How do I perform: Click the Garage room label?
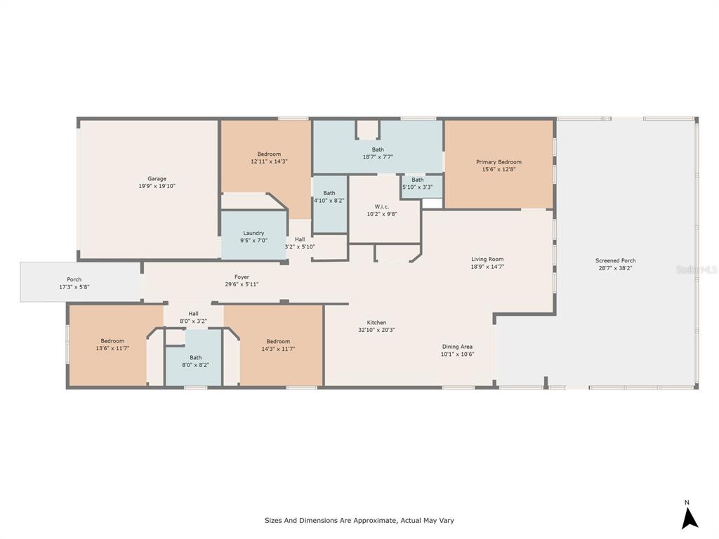point(157,179)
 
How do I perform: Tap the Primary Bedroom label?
point(499,162)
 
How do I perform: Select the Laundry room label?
point(253,233)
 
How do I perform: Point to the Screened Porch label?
point(615,260)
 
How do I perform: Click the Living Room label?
point(487,259)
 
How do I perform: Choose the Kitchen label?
point(376,322)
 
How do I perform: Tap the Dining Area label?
point(457,347)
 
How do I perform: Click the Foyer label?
point(242,277)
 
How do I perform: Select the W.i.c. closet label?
point(381,207)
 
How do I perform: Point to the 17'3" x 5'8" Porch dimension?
point(74,287)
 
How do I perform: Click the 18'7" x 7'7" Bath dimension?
point(378,157)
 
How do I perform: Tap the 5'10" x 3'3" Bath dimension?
point(417,187)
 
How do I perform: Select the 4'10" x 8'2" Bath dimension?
point(329,200)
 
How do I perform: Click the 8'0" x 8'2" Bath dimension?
point(195,365)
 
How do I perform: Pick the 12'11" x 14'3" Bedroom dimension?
point(269,161)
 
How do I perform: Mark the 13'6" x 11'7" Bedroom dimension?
point(112,348)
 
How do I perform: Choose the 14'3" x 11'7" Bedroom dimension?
point(278,349)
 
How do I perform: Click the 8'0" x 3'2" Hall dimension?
point(193,321)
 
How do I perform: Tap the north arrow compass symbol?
point(690,517)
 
